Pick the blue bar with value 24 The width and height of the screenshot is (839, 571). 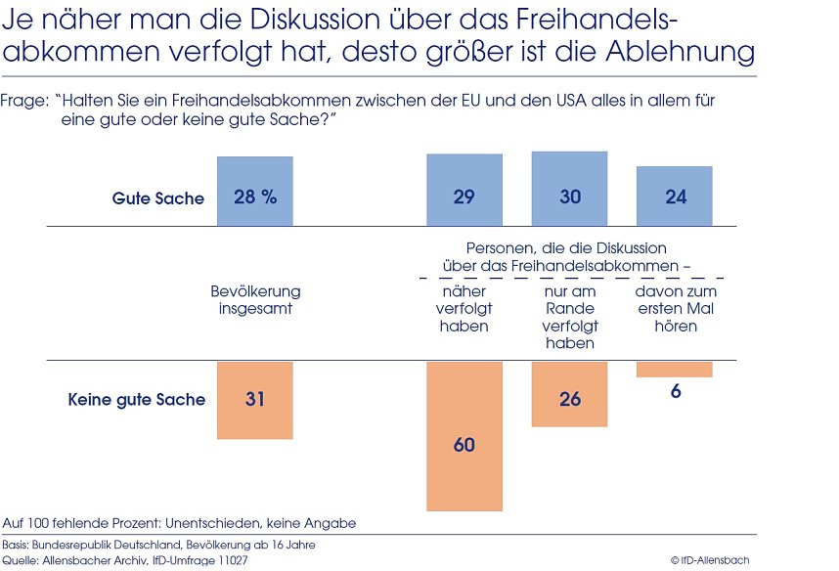coord(675,196)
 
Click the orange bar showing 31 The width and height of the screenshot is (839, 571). coord(255,400)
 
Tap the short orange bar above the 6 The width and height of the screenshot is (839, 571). coord(675,370)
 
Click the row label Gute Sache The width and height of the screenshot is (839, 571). coord(158,198)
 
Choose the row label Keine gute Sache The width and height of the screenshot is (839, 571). coord(137,399)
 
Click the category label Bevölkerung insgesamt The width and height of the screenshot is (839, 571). coord(255,299)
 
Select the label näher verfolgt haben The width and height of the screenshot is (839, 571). coord(464,308)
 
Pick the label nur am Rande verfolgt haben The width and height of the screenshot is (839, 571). coord(569,317)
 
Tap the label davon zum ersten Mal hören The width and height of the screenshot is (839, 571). coord(675,308)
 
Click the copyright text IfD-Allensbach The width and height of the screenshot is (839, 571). coord(710,560)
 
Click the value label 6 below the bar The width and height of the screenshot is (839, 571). coord(675,390)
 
